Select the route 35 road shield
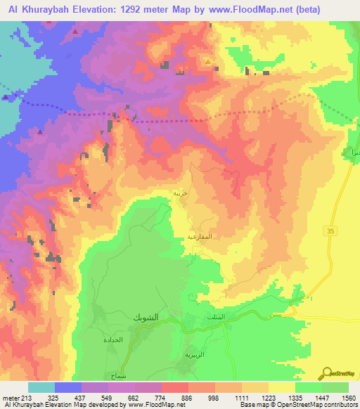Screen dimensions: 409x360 click(x=330, y=231)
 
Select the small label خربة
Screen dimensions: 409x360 click(x=181, y=191)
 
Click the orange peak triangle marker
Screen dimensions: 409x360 click(x=208, y=62)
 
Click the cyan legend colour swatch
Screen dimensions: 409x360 click(x=41, y=387)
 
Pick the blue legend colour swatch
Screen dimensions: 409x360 click(x=68, y=387)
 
